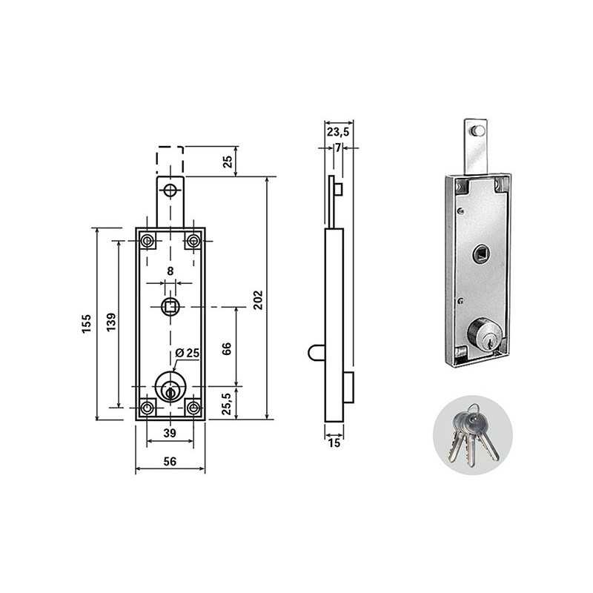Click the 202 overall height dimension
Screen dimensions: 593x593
coord(257,300)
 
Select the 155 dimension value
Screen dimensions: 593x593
coord(87,323)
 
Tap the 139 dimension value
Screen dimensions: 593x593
coord(111,322)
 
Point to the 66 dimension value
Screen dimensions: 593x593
coord(226,348)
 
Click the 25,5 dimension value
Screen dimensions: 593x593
coord(226,403)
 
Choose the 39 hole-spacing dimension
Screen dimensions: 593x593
coord(170,433)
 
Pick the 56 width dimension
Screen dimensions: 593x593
coord(170,461)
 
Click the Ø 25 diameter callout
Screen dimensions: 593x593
coord(188,353)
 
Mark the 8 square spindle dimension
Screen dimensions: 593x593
coord(170,271)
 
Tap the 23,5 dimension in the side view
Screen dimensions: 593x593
coord(338,132)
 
